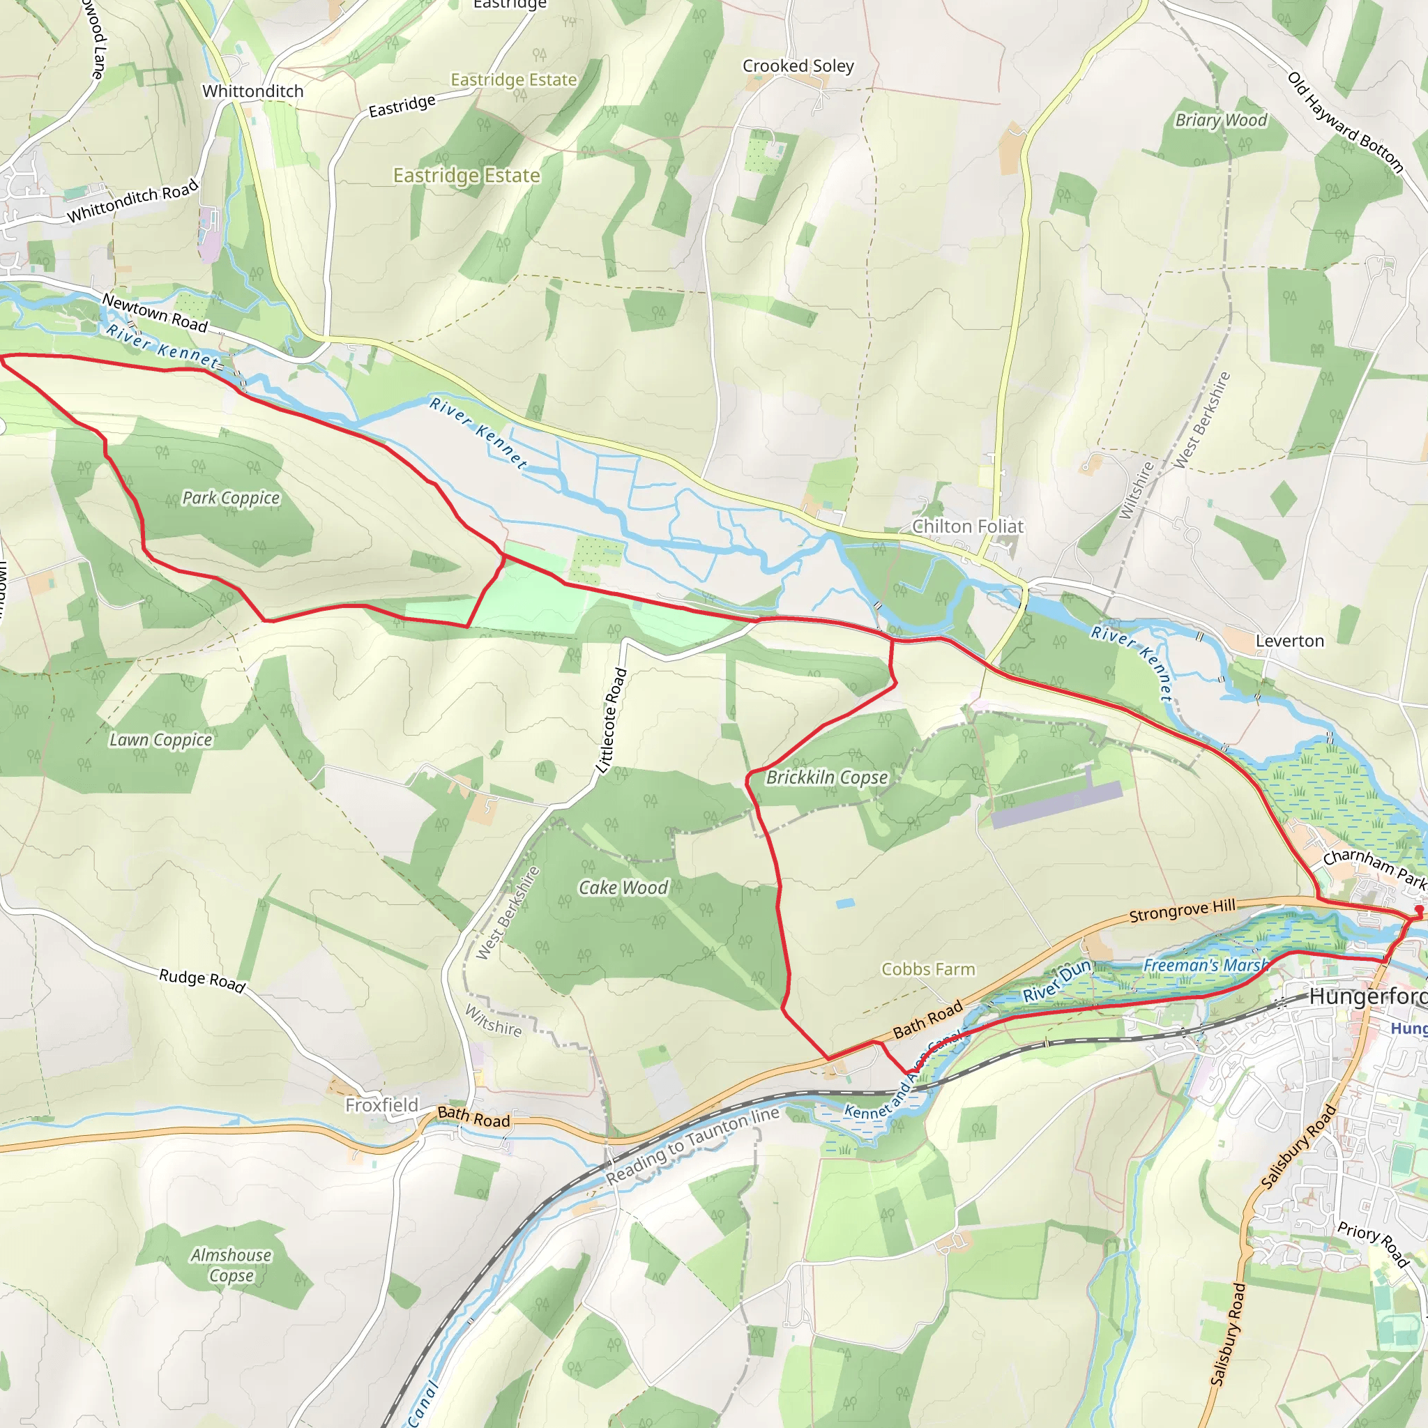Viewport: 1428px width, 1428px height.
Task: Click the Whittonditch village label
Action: (x=253, y=91)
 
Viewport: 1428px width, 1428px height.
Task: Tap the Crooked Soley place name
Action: (x=798, y=66)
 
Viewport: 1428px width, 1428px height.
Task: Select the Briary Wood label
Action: (x=1221, y=120)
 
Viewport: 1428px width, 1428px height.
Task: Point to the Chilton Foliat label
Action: (x=968, y=526)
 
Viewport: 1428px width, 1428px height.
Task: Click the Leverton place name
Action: (x=1290, y=641)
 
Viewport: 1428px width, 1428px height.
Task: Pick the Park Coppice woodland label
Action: (x=231, y=497)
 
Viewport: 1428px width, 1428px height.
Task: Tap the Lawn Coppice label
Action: (x=160, y=740)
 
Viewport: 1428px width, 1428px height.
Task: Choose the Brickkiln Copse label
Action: (x=826, y=777)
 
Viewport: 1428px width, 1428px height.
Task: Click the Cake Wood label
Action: (x=623, y=888)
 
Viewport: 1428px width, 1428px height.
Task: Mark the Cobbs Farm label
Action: (x=927, y=969)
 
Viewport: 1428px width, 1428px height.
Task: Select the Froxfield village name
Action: (x=381, y=1105)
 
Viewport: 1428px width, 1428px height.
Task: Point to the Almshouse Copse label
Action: (x=231, y=1265)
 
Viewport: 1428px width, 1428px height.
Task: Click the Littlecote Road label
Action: (x=612, y=721)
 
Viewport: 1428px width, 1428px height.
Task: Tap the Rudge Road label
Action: (x=202, y=980)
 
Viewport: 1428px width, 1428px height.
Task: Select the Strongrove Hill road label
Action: (x=1182, y=910)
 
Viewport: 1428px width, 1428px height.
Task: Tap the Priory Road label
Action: (x=1372, y=1244)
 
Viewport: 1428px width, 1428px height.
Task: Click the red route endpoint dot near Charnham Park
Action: (x=1418, y=909)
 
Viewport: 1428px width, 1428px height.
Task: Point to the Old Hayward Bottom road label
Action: (x=1345, y=122)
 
